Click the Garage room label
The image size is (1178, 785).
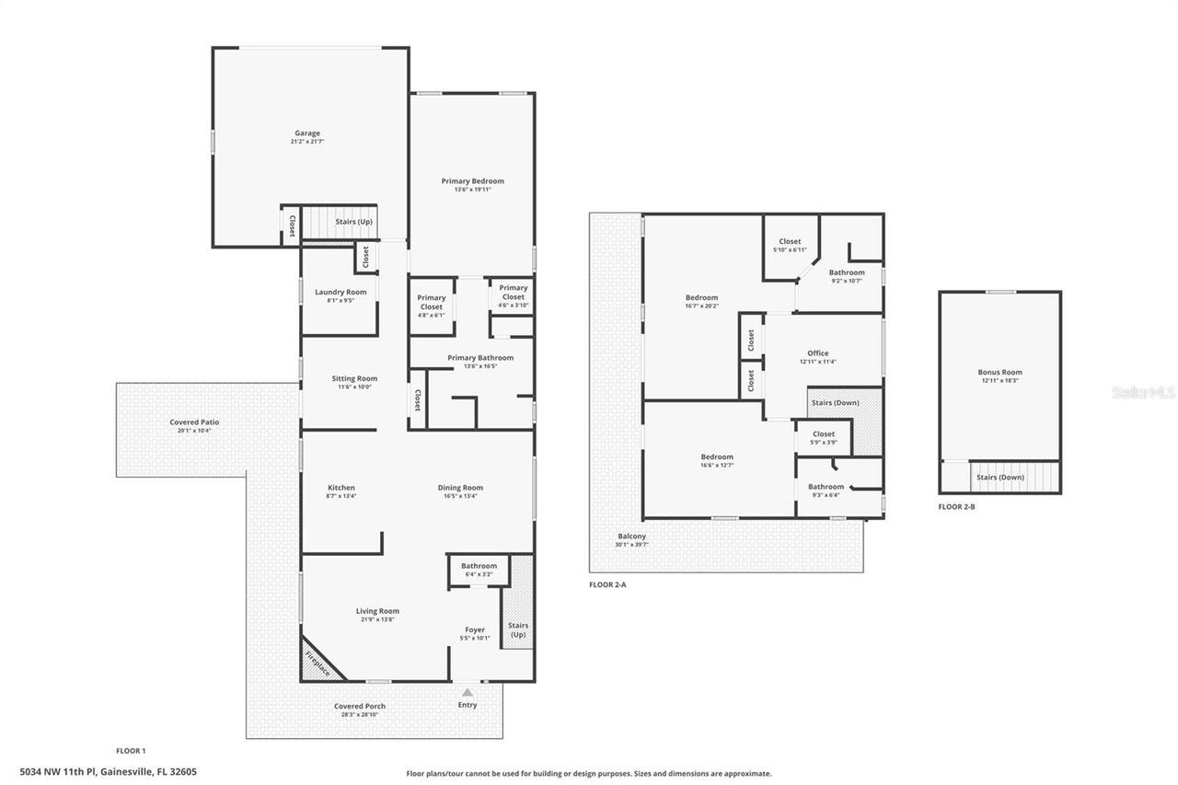coord(307,133)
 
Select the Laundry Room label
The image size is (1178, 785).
coord(341,293)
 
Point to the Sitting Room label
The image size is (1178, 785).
coord(354,378)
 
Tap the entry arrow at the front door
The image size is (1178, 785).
coord(468,692)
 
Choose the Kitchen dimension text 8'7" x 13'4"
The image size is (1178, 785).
coord(341,496)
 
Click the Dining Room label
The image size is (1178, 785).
coord(460,488)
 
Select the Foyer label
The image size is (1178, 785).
coord(475,630)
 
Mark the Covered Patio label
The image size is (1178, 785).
coord(194,422)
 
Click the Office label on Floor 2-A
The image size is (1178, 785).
coord(818,353)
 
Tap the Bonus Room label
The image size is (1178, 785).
coord(999,373)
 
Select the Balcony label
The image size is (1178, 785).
coord(632,537)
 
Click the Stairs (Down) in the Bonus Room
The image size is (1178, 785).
coord(999,478)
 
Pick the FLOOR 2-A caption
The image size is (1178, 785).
coord(607,584)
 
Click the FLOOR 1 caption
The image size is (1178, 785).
coord(131,751)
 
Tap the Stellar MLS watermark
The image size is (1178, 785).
coord(1143,392)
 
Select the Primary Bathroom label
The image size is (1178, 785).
coord(480,358)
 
